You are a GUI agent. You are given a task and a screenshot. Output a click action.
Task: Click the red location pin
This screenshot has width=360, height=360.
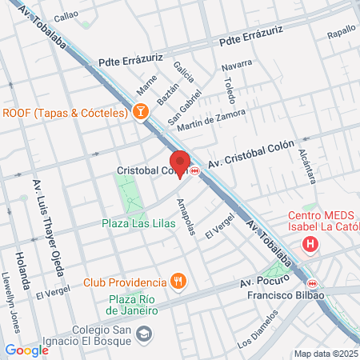pyautogui.click(x=180, y=162)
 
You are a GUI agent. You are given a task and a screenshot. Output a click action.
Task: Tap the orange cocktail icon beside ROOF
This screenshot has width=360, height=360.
pyautogui.click(x=141, y=113)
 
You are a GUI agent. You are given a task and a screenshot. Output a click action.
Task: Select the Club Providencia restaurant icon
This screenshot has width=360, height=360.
pyautogui.click(x=178, y=282)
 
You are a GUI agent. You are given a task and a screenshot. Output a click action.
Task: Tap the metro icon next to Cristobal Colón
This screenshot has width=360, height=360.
pyautogui.click(x=194, y=170)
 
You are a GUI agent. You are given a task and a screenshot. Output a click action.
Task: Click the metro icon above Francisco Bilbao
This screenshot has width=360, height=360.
pyautogui.click(x=312, y=282)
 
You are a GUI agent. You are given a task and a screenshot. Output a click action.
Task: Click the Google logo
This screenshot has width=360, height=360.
pyautogui.click(x=26, y=350)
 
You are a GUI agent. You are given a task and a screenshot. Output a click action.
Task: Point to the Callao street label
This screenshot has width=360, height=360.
pyautogui.click(x=66, y=14)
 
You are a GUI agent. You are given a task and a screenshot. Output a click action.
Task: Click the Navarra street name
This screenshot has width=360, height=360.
pyautogui.click(x=237, y=64)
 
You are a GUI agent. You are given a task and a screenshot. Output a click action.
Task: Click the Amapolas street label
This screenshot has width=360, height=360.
pyautogui.click(x=185, y=216)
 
